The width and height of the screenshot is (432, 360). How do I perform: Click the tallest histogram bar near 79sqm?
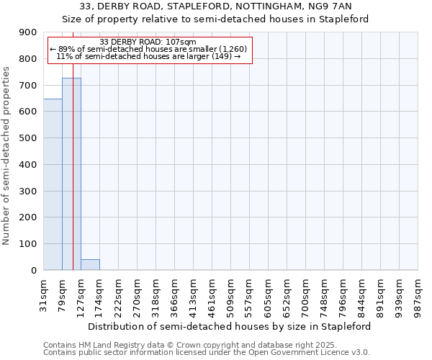(71, 174)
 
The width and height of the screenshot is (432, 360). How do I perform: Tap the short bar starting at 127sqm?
(90, 264)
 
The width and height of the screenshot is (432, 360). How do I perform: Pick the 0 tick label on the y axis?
(33, 271)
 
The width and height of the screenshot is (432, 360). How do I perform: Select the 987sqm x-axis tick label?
(418, 295)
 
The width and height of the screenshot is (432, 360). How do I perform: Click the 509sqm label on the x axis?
(231, 295)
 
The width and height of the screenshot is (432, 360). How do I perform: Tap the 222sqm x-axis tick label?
(119, 295)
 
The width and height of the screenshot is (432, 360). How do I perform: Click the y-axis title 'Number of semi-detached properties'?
(7, 156)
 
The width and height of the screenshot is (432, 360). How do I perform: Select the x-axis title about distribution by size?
(230, 326)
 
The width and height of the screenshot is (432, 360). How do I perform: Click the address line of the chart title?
(215, 6)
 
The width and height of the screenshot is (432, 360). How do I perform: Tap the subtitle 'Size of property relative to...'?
(215, 19)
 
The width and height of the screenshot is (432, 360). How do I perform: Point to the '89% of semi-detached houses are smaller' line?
(148, 49)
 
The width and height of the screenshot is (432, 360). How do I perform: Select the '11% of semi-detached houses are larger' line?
(148, 56)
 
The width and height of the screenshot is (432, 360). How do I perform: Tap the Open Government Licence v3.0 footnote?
(206, 353)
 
